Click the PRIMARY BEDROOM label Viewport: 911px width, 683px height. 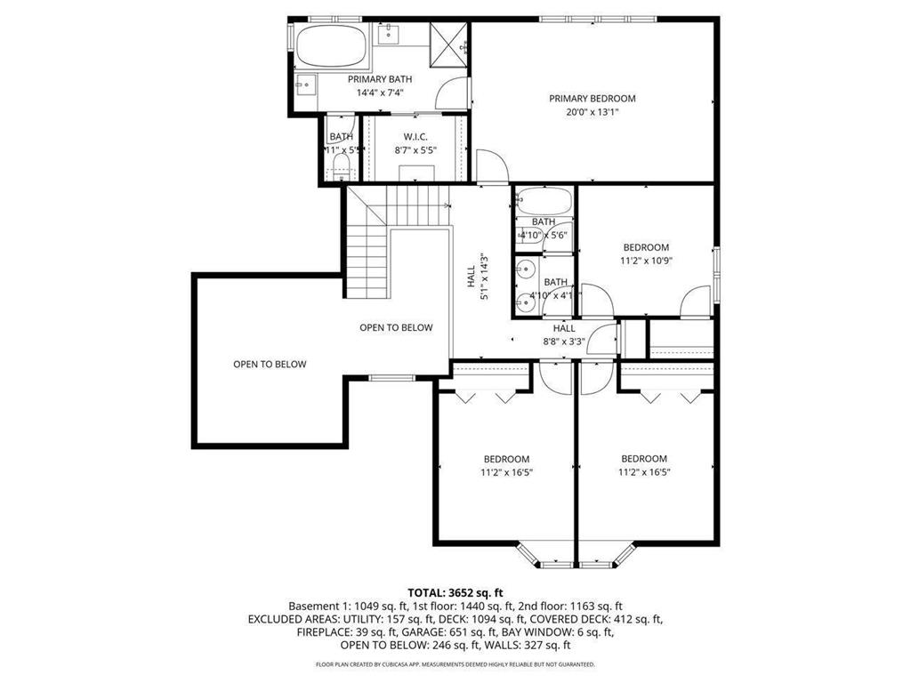[x=592, y=99]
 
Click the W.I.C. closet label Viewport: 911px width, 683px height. [x=415, y=136]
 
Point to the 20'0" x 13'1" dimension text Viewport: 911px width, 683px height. [x=592, y=113]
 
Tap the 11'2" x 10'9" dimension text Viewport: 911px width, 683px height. [x=645, y=261]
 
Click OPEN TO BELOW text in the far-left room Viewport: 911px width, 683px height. [x=269, y=364]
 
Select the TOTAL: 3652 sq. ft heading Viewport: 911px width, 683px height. [x=455, y=592]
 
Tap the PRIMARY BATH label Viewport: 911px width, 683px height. [x=381, y=79]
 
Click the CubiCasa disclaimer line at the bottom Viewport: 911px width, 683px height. [x=455, y=664]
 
